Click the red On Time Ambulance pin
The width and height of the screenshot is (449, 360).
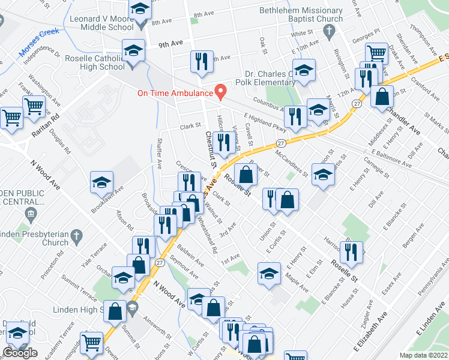click(220, 91)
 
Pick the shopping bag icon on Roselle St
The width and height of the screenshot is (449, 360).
click(246, 175)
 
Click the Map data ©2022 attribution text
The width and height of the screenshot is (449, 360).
click(423, 355)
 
